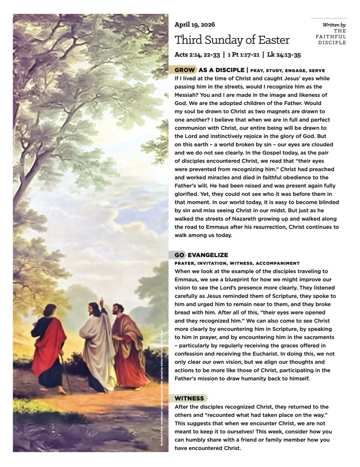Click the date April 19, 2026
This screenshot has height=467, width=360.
click(194, 25)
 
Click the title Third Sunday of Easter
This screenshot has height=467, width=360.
click(232, 40)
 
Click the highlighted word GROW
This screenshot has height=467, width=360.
click(185, 70)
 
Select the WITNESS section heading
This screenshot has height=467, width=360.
click(189, 399)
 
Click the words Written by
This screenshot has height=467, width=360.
click(334, 25)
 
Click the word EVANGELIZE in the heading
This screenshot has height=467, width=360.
click(208, 255)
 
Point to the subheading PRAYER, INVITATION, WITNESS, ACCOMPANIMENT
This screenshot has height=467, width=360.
click(237, 263)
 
